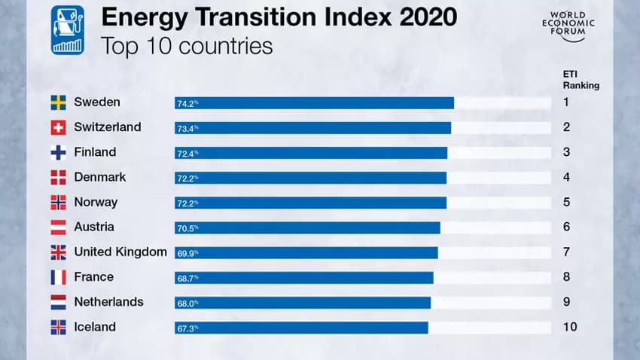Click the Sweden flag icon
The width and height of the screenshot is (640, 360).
pyautogui.click(x=58, y=102)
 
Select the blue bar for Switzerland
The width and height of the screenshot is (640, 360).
pyautogui.click(x=312, y=128)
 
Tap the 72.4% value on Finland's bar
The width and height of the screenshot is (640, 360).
pyautogui.click(x=187, y=154)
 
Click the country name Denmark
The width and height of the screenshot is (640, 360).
pyautogui.click(x=99, y=177)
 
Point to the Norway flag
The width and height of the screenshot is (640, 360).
pyautogui.click(x=58, y=203)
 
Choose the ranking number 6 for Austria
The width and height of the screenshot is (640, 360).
pyautogui.click(x=566, y=227)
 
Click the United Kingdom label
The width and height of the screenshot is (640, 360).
pyautogui.click(x=120, y=252)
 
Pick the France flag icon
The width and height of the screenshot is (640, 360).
pyautogui.click(x=58, y=277)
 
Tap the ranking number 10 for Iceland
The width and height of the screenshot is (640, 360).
pyautogui.click(x=569, y=327)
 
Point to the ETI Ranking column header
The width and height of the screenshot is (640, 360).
pyautogui.click(x=581, y=79)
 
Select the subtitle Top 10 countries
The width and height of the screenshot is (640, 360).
pyautogui.click(x=186, y=46)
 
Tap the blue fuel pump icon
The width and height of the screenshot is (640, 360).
pyautogui.click(x=68, y=30)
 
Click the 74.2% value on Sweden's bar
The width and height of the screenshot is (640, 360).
pyautogui.click(x=187, y=104)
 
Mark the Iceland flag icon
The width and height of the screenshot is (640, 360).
pyautogui.click(x=58, y=328)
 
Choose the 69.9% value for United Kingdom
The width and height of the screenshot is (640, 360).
pyautogui.click(x=187, y=254)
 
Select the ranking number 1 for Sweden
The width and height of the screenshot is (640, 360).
pyautogui.click(x=566, y=102)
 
